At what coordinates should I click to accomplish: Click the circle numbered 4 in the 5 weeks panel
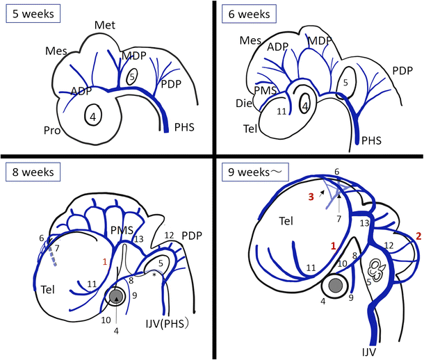click(92, 116)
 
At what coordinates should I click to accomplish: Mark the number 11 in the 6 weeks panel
click(281, 111)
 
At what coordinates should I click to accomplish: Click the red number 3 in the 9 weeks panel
click(311, 197)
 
